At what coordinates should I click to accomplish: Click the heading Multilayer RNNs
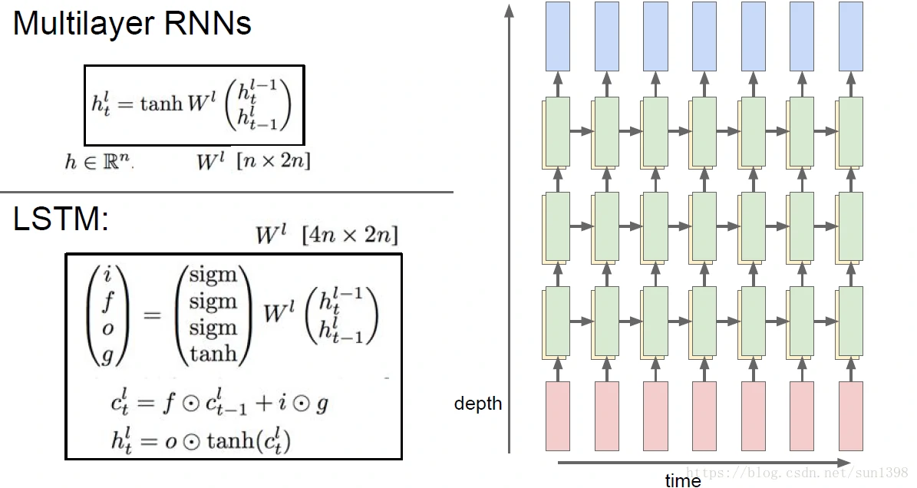(132, 25)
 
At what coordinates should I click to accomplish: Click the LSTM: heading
(61, 220)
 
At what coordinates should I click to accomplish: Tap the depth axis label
(477, 404)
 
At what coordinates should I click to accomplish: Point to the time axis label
(683, 480)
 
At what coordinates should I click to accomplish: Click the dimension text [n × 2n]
(274, 161)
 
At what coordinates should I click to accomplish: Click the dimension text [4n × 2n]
(350, 235)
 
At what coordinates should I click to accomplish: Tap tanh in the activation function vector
(213, 353)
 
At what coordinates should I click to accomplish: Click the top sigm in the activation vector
(213, 275)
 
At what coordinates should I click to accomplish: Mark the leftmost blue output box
(558, 36)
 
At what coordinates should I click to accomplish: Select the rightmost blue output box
(851, 36)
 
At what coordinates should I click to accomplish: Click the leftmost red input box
(558, 416)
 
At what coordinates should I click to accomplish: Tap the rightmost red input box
(851, 416)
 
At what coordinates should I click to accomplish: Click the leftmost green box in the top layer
(557, 131)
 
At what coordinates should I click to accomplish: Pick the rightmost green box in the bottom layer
(850, 321)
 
